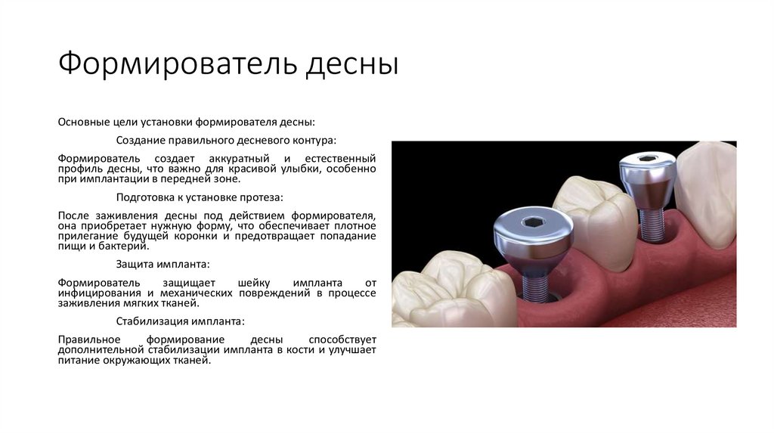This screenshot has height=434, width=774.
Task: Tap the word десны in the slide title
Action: [352, 64]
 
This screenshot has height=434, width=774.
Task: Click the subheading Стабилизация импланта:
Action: [181, 321]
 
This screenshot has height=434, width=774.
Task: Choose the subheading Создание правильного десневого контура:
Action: [226, 140]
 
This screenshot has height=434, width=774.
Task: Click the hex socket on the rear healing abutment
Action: [647, 160]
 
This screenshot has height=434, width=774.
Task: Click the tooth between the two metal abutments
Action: [593, 219]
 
